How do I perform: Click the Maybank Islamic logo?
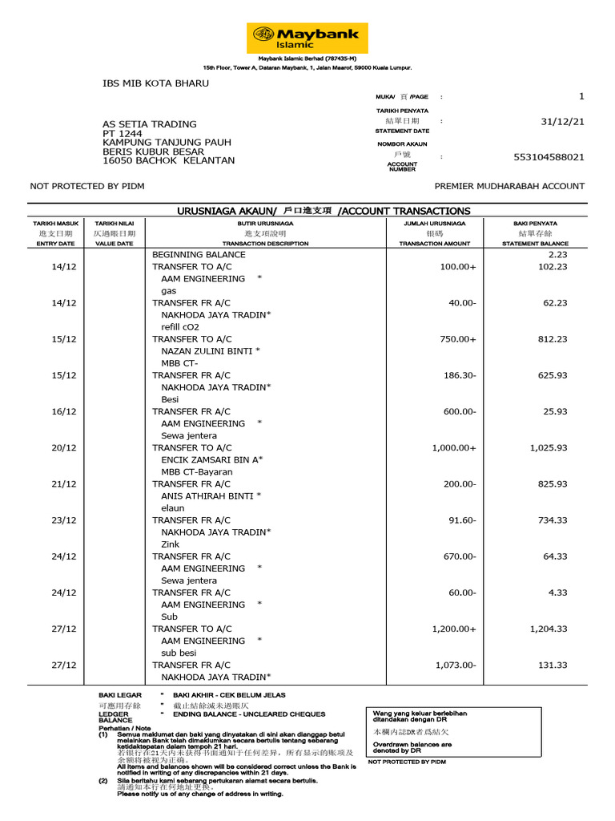[x=307, y=38]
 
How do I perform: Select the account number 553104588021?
[x=549, y=157]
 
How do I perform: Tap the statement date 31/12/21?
[x=562, y=122]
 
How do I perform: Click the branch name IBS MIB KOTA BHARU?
[x=155, y=83]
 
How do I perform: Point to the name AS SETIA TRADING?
[x=149, y=124]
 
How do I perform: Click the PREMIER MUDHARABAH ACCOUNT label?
[x=508, y=186]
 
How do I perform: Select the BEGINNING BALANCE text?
[x=199, y=255]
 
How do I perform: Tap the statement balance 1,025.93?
[x=548, y=447]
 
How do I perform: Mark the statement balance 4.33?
[x=557, y=592]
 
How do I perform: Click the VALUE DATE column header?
[x=114, y=243]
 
